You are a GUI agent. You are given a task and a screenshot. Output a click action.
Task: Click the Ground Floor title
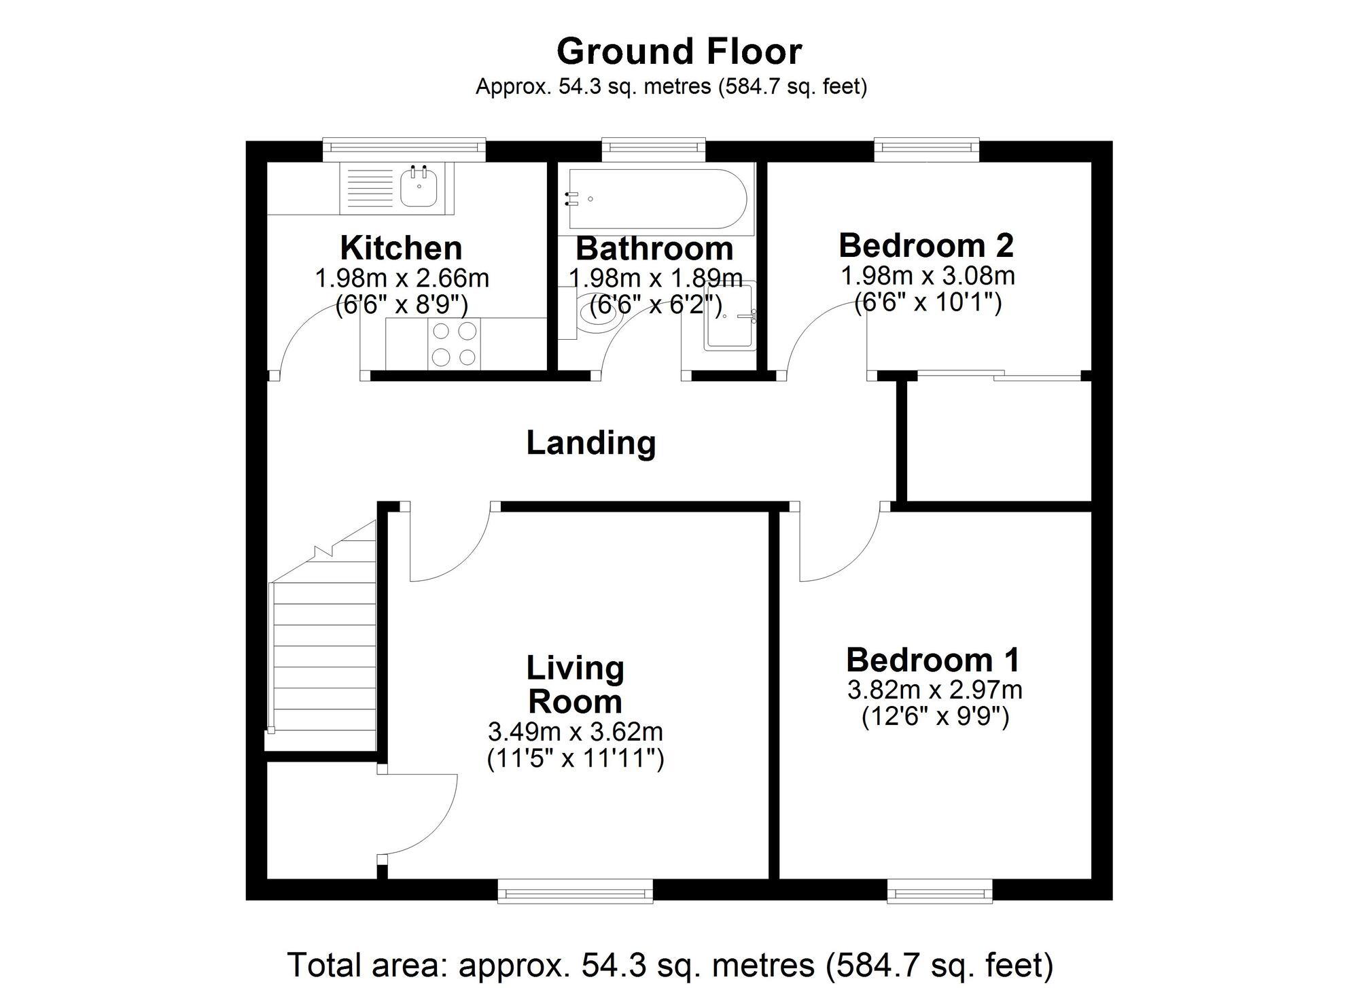(x=679, y=52)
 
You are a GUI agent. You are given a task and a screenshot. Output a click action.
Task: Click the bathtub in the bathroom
(x=656, y=198)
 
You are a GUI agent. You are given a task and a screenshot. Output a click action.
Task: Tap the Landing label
(x=590, y=443)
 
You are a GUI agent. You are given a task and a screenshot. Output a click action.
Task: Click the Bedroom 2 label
(x=925, y=245)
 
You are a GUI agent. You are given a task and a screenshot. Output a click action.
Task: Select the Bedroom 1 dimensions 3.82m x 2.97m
(x=934, y=690)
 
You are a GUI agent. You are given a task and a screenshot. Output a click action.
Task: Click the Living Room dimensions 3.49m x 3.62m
(x=575, y=732)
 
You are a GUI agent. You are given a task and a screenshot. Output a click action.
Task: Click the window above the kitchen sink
(x=404, y=149)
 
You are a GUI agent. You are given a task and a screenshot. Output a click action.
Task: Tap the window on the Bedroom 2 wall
(x=926, y=149)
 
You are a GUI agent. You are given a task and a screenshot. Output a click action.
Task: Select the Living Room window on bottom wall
(x=575, y=890)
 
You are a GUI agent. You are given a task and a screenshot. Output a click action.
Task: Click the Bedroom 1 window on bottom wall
(x=940, y=890)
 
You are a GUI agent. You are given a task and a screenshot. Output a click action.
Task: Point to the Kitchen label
(x=401, y=248)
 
